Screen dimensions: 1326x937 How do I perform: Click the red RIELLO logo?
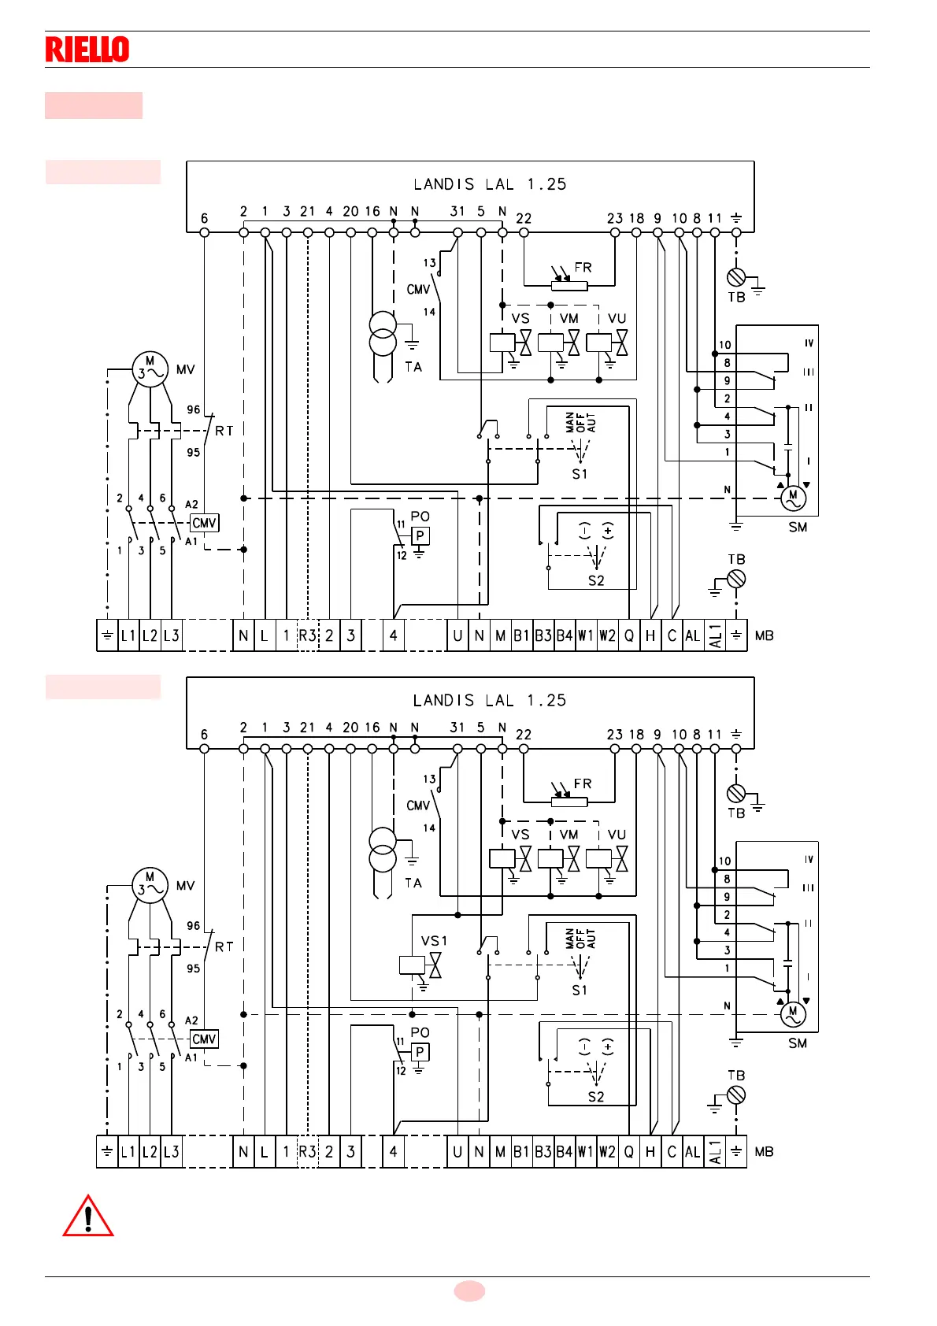(x=87, y=50)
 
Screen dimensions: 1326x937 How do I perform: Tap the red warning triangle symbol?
(x=88, y=1217)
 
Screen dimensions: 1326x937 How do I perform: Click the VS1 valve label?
(x=434, y=941)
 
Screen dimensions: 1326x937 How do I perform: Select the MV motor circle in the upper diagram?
(x=150, y=369)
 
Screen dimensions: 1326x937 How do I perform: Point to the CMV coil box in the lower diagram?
(x=204, y=1039)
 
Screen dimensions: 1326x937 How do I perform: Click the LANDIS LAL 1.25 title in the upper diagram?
(x=490, y=184)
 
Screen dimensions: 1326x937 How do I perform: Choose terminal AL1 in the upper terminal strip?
(x=715, y=635)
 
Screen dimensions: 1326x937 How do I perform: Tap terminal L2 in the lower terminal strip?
(x=150, y=1152)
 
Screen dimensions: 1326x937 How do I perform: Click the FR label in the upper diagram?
(x=583, y=268)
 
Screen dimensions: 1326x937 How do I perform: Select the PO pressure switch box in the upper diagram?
(x=420, y=536)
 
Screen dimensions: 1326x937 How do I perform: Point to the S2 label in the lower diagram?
(x=596, y=1097)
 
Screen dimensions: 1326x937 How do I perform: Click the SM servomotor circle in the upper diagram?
(x=793, y=498)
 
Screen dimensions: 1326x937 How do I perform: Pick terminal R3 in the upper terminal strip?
(x=307, y=635)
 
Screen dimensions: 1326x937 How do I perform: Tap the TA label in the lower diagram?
(x=413, y=883)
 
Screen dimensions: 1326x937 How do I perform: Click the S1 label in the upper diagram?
(x=580, y=474)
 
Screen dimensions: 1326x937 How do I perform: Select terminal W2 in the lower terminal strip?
(x=607, y=1152)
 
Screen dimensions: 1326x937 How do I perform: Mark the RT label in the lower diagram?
(x=224, y=947)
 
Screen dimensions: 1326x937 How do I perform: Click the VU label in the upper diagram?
(x=617, y=319)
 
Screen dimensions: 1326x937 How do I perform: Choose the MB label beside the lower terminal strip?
(x=764, y=1152)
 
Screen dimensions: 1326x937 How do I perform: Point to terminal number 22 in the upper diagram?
(x=524, y=219)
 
